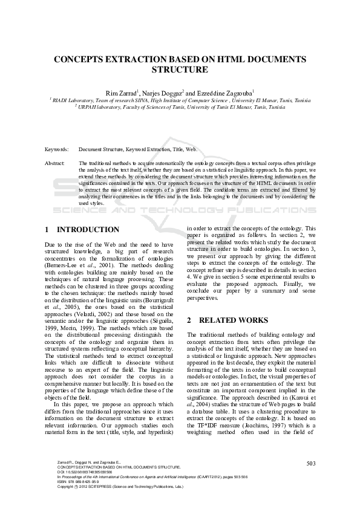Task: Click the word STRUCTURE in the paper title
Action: pos(180,70)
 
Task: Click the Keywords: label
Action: pos(57,148)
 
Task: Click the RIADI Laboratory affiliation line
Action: pos(180,100)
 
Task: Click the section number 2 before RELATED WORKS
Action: pos(189,319)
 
